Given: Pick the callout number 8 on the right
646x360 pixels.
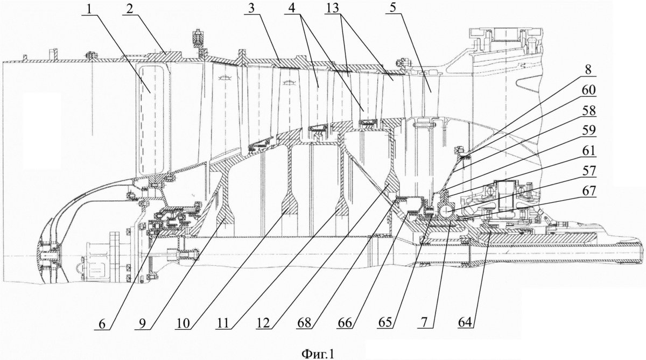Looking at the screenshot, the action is (x=587, y=70).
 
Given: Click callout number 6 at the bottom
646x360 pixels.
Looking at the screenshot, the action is (x=102, y=324).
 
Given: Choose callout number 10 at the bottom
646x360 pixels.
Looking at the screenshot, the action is (x=182, y=324).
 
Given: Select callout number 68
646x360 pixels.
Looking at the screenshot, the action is (x=305, y=323).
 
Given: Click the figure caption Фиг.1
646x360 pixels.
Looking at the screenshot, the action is (x=318, y=354).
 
